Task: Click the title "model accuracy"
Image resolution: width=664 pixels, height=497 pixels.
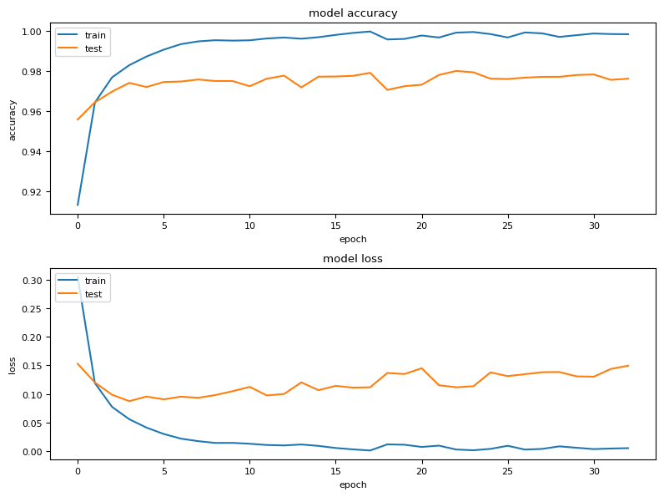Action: click(x=353, y=13)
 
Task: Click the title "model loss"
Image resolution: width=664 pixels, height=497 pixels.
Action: click(x=353, y=259)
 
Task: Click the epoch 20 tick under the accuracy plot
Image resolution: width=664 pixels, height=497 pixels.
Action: click(x=421, y=226)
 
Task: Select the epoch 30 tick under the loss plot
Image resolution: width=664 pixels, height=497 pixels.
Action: click(x=593, y=471)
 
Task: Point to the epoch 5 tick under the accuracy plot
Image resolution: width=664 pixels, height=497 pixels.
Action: click(x=163, y=226)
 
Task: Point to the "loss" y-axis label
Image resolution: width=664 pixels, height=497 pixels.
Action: click(x=12, y=366)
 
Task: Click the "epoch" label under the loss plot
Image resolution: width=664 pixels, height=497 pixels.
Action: click(x=353, y=484)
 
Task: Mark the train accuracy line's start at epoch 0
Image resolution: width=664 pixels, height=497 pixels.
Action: click(x=78, y=205)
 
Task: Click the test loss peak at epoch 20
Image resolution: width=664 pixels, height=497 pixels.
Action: click(x=421, y=368)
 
